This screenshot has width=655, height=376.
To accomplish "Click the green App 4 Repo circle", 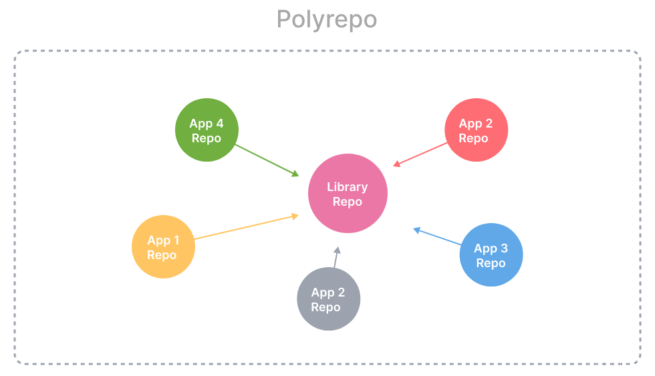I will click(x=207, y=130).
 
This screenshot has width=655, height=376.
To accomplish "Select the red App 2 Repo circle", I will click(x=476, y=130).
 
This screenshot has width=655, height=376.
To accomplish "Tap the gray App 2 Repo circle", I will click(x=328, y=299).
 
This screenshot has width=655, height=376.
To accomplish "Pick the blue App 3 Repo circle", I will click(x=491, y=254).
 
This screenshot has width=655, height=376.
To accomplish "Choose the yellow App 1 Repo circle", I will click(x=163, y=246).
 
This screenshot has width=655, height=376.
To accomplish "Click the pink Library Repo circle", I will click(x=347, y=194).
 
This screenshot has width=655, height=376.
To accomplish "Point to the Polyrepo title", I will click(x=327, y=19).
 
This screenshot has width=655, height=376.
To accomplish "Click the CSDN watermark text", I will click(x=612, y=365).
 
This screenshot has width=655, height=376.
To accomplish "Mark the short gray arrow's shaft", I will click(x=336, y=261).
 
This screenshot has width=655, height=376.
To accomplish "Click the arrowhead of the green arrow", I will click(x=295, y=174).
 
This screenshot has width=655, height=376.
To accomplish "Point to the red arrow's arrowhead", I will click(x=396, y=164).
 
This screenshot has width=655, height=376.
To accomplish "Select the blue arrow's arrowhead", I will click(x=416, y=230).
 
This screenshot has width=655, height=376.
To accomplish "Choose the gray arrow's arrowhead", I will click(x=338, y=250).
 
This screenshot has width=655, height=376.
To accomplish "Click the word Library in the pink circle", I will click(x=347, y=187).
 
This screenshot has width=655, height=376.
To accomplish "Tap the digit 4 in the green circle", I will click(x=219, y=124).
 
